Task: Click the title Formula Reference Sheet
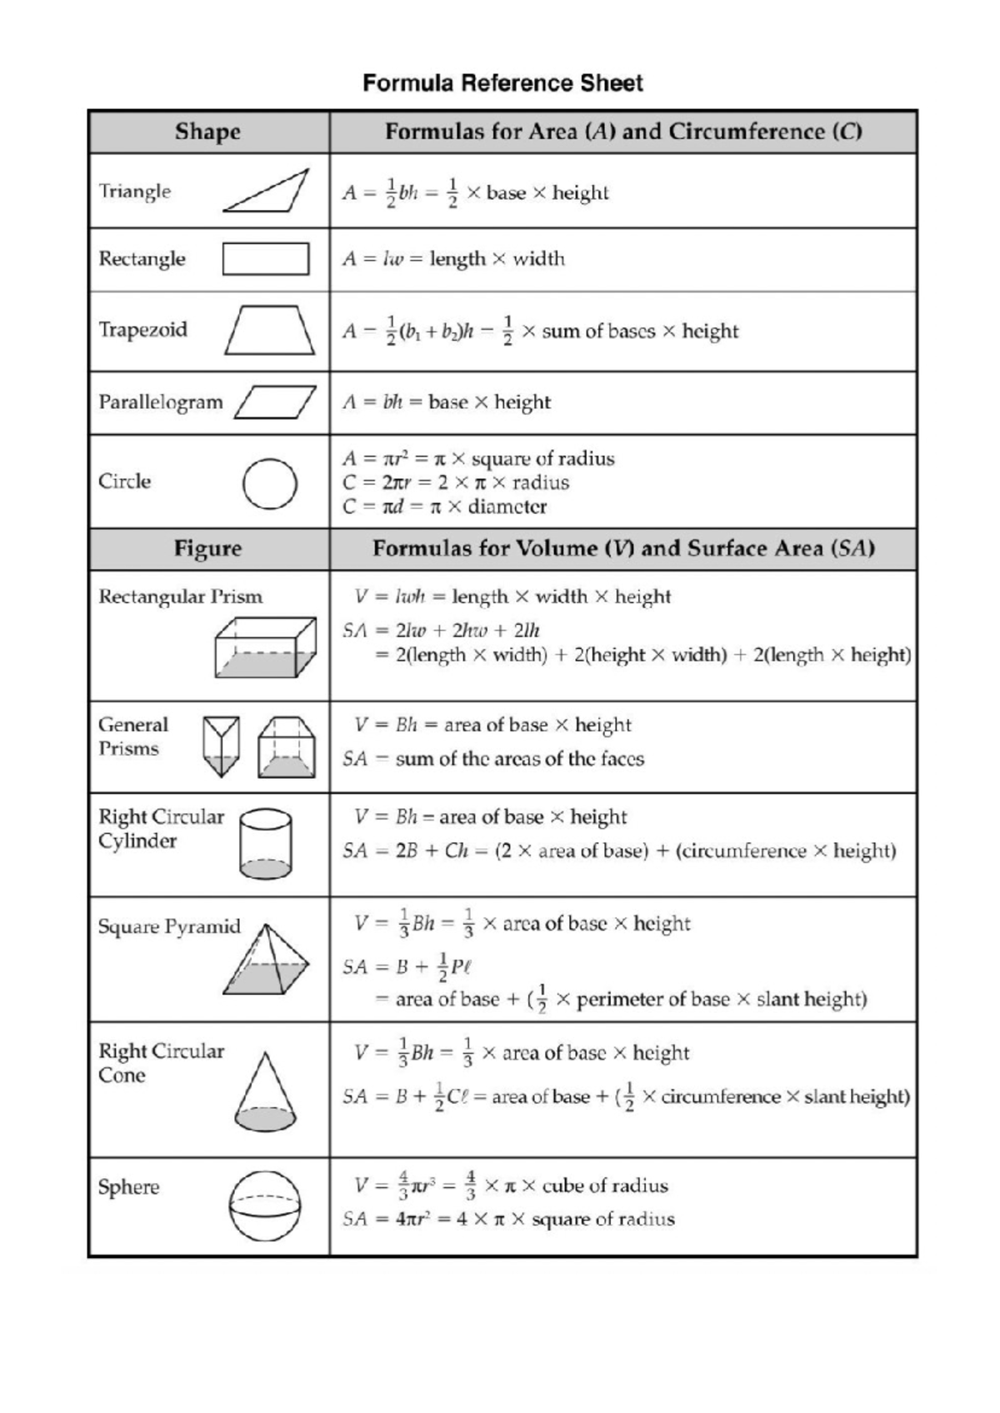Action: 502,83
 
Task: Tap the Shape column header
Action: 207,132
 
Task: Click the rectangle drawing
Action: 266,258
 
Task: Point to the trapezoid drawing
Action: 270,331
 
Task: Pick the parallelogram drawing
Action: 276,402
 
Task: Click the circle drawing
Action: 269,483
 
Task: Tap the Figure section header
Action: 207,548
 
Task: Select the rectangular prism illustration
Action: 265,647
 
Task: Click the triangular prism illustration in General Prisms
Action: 221,746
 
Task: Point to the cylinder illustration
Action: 265,844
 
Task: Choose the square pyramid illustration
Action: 266,960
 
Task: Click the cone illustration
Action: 265,1092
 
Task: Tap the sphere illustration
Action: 265,1206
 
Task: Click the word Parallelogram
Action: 161,402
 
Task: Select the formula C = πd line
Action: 444,507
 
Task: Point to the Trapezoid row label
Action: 142,330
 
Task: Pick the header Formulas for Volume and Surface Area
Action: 622,548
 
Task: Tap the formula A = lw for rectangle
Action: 453,259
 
